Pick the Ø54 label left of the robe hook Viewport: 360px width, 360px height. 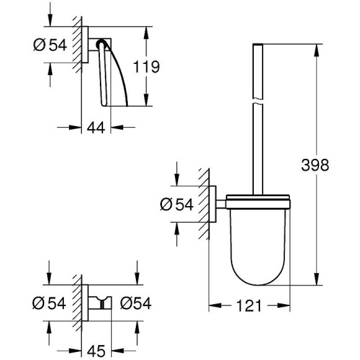[48, 302]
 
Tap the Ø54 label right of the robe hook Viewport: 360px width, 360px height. [135, 302]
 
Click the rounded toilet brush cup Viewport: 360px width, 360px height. [255, 242]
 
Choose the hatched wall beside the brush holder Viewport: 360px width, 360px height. [203, 205]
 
